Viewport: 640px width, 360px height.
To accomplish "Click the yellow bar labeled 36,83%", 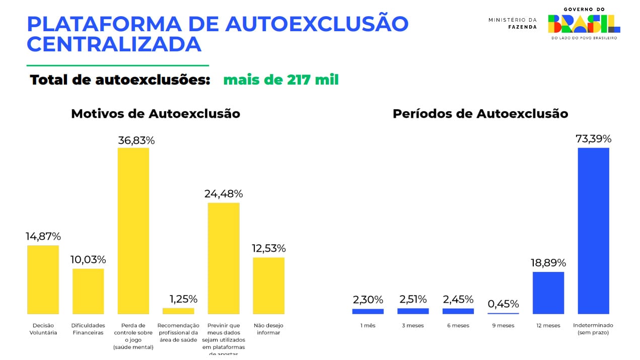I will pos(133,231).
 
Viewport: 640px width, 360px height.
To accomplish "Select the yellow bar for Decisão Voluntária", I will pos(43,279).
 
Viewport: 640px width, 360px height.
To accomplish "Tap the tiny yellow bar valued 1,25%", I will pos(178,311).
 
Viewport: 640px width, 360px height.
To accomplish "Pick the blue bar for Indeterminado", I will pos(593,231).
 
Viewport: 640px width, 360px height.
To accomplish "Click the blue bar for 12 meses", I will pos(548,293).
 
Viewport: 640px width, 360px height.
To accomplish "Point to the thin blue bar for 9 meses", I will pos(503,313).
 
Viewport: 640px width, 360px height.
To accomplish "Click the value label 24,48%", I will pos(224,194).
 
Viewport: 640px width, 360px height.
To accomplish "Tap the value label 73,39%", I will pos(593,138).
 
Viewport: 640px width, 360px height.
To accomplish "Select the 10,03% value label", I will pos(88,260).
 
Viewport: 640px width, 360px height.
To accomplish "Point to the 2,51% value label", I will pos(413,300).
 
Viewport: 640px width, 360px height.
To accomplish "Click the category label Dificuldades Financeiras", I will pos(88,329).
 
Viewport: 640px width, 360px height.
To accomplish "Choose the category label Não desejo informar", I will pos(268,329).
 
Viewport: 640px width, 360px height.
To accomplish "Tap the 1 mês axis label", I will pos(368,326).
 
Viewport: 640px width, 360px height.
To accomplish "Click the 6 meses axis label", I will pos(458,326).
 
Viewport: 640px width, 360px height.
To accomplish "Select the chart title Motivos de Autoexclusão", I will pos(156,114).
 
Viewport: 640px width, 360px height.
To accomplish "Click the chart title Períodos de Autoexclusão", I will pos(480,114).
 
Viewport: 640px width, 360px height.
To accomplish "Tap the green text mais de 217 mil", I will pos(281,80).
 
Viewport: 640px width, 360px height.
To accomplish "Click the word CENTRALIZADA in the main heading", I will pos(114,44).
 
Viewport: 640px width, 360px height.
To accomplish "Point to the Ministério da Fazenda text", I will pos(513,23).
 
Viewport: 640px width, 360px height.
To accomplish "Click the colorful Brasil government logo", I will pos(584,23).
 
